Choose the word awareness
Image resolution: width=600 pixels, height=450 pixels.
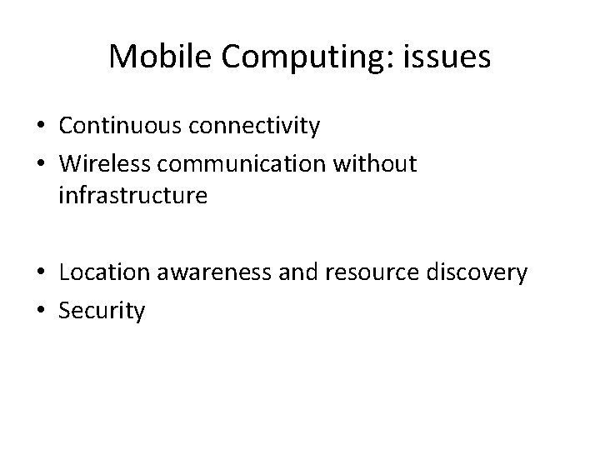point(212,273)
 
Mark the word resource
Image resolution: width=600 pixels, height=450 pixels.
point(372,273)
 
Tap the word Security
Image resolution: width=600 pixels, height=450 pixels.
point(102,312)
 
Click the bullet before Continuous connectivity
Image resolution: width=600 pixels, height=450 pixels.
point(40,127)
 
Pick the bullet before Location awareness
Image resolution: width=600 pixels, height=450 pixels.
point(40,274)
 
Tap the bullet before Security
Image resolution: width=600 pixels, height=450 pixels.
point(40,312)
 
